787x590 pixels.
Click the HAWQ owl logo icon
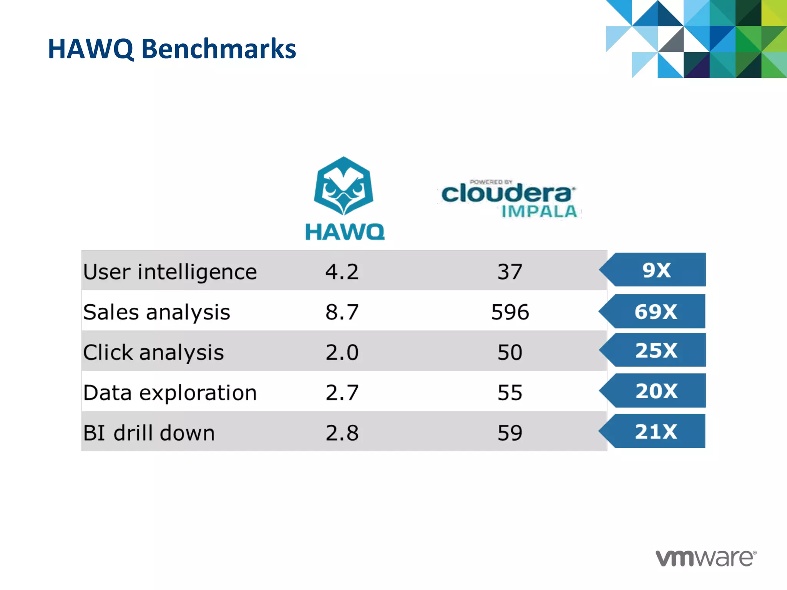tap(343, 186)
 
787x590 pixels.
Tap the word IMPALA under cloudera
tap(539, 212)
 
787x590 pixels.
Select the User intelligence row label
tap(170, 272)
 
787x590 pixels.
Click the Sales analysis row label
tap(156, 312)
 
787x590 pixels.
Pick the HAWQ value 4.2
tap(342, 272)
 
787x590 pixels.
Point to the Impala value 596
tap(510, 312)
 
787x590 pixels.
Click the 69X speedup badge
tap(656, 312)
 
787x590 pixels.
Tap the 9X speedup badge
tap(656, 270)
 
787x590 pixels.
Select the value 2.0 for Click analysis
tap(342, 352)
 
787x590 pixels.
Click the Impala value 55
tap(510, 393)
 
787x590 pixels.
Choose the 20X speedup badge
tap(656, 391)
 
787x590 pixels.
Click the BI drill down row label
tap(149, 433)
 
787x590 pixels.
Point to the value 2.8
tap(342, 433)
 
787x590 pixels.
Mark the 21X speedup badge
tap(656, 431)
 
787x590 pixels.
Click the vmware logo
tap(706, 558)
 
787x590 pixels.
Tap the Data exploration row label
tap(170, 393)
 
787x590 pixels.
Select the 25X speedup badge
tap(656, 350)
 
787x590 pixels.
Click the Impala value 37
tap(510, 272)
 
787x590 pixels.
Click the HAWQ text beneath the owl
tap(345, 232)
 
